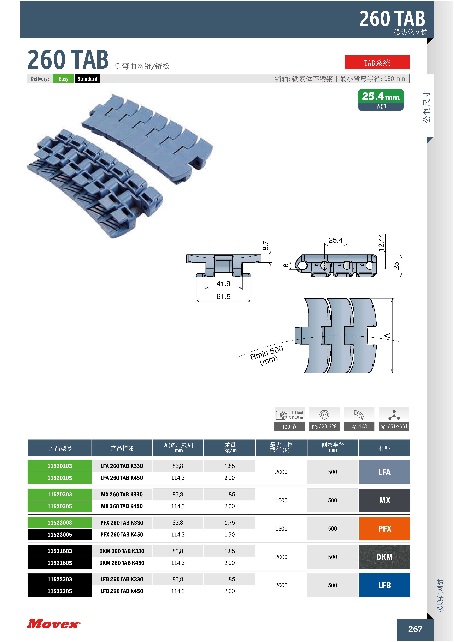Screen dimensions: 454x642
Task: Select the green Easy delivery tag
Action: coord(64,79)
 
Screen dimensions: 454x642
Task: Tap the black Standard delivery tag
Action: coord(87,79)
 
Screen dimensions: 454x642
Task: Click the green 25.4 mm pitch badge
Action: coord(381,100)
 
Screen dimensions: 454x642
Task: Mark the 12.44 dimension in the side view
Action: coord(381,242)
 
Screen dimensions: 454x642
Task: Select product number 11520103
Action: coord(60,466)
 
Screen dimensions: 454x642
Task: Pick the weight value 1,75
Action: coord(230,523)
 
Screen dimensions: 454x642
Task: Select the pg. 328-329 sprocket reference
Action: coord(324,426)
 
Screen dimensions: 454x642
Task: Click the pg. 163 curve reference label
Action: coord(359,426)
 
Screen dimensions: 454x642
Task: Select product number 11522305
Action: coord(60,591)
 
